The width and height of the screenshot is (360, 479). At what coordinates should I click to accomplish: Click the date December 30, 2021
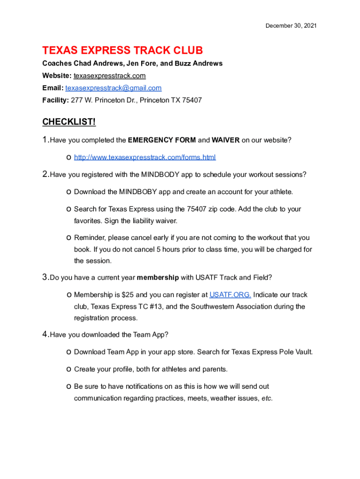291,26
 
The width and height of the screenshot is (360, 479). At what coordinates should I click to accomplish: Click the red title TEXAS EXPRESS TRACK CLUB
122,51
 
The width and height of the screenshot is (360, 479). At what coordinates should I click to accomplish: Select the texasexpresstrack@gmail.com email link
114,88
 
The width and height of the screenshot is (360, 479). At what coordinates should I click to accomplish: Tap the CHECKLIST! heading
69,122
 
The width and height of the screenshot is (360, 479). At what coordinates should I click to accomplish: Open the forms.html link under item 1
145,157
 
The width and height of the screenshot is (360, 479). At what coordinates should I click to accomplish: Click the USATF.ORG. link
230,295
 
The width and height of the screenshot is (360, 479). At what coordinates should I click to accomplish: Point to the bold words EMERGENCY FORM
162,140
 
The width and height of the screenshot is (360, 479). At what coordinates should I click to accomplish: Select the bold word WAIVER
225,140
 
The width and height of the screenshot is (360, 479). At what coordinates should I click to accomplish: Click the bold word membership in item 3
158,277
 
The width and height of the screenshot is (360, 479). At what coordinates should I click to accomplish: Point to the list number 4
45,334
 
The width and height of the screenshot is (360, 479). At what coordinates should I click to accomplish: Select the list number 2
45,174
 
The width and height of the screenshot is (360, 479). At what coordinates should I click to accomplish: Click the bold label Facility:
56,100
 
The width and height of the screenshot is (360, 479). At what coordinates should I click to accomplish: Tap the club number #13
152,307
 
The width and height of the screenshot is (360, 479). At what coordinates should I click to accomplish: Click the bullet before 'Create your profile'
69,370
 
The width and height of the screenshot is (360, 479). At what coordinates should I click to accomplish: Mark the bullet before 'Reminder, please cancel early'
69,238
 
